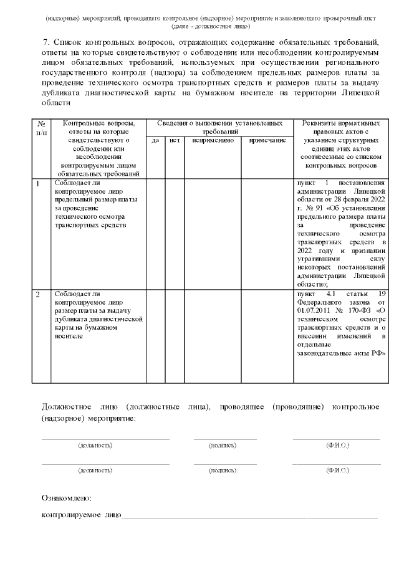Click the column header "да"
156,141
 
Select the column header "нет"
175,141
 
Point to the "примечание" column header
267,141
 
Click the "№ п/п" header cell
41,128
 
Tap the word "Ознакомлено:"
67,499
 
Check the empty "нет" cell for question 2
175,335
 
